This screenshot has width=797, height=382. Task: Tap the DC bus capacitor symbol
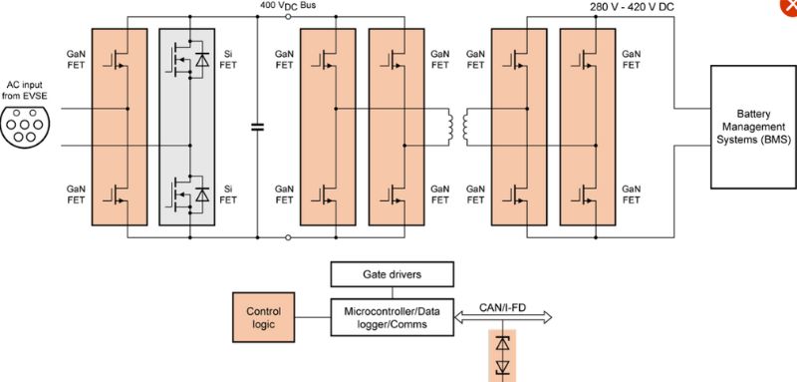tap(258, 127)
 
